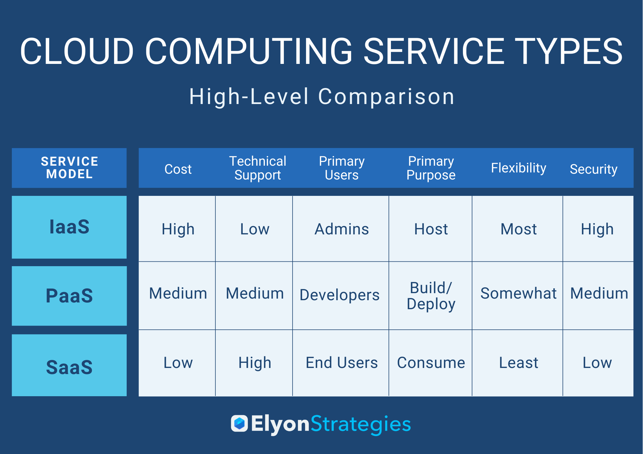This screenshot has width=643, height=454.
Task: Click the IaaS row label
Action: coord(69,227)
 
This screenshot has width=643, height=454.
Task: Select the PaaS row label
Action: coord(69,295)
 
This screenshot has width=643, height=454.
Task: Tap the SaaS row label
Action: coord(69,367)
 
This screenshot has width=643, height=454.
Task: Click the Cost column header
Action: coord(178,169)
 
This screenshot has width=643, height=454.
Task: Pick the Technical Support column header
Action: coord(258,168)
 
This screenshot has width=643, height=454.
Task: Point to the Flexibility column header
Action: coord(519,168)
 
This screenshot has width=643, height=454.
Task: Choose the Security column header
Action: coord(593,169)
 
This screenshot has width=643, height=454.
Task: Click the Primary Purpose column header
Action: coord(431,168)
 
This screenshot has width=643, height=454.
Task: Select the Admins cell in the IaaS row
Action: coord(342,229)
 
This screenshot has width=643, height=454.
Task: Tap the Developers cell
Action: coord(340,295)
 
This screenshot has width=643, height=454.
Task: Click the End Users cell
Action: coord(342,363)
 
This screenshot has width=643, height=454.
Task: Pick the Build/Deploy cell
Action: coord(431,296)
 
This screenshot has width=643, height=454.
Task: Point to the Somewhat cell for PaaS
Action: coord(519,293)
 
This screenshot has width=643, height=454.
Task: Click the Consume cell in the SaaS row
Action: coord(431,363)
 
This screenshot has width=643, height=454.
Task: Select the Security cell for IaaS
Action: coord(597,229)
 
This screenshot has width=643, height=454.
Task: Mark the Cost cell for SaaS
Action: coord(178,363)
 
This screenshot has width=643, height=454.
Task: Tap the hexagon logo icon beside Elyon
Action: coord(239,423)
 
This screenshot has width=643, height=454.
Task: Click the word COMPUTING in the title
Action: coord(249,51)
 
